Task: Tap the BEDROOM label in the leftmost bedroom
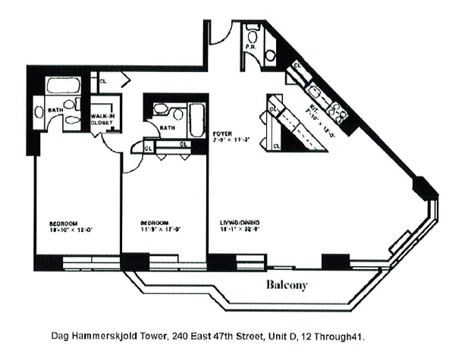[x=63, y=223]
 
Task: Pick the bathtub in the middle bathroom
[x=196, y=118]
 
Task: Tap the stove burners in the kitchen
[x=338, y=114]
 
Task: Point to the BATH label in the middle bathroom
[x=168, y=128]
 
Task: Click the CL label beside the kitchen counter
[x=297, y=67]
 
